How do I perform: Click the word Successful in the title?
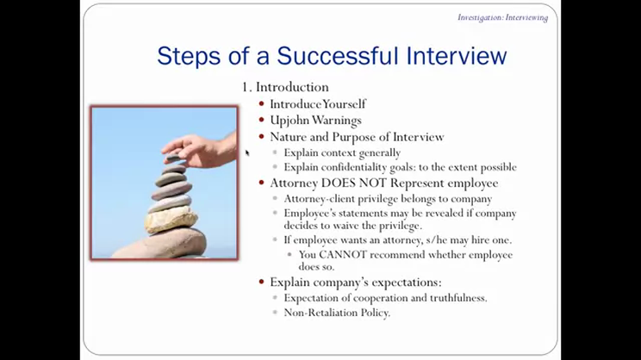point(337,56)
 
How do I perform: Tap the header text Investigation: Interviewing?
point(502,17)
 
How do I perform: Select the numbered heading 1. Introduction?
point(285,87)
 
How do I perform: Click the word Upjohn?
point(289,121)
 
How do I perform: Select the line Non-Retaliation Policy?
point(337,313)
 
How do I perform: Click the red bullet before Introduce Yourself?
point(262,104)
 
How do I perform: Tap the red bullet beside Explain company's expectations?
point(262,282)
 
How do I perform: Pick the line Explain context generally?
point(342,152)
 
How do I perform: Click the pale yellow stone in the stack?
point(171,220)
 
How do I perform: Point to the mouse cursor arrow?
point(247,152)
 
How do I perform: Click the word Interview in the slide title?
point(457,56)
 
